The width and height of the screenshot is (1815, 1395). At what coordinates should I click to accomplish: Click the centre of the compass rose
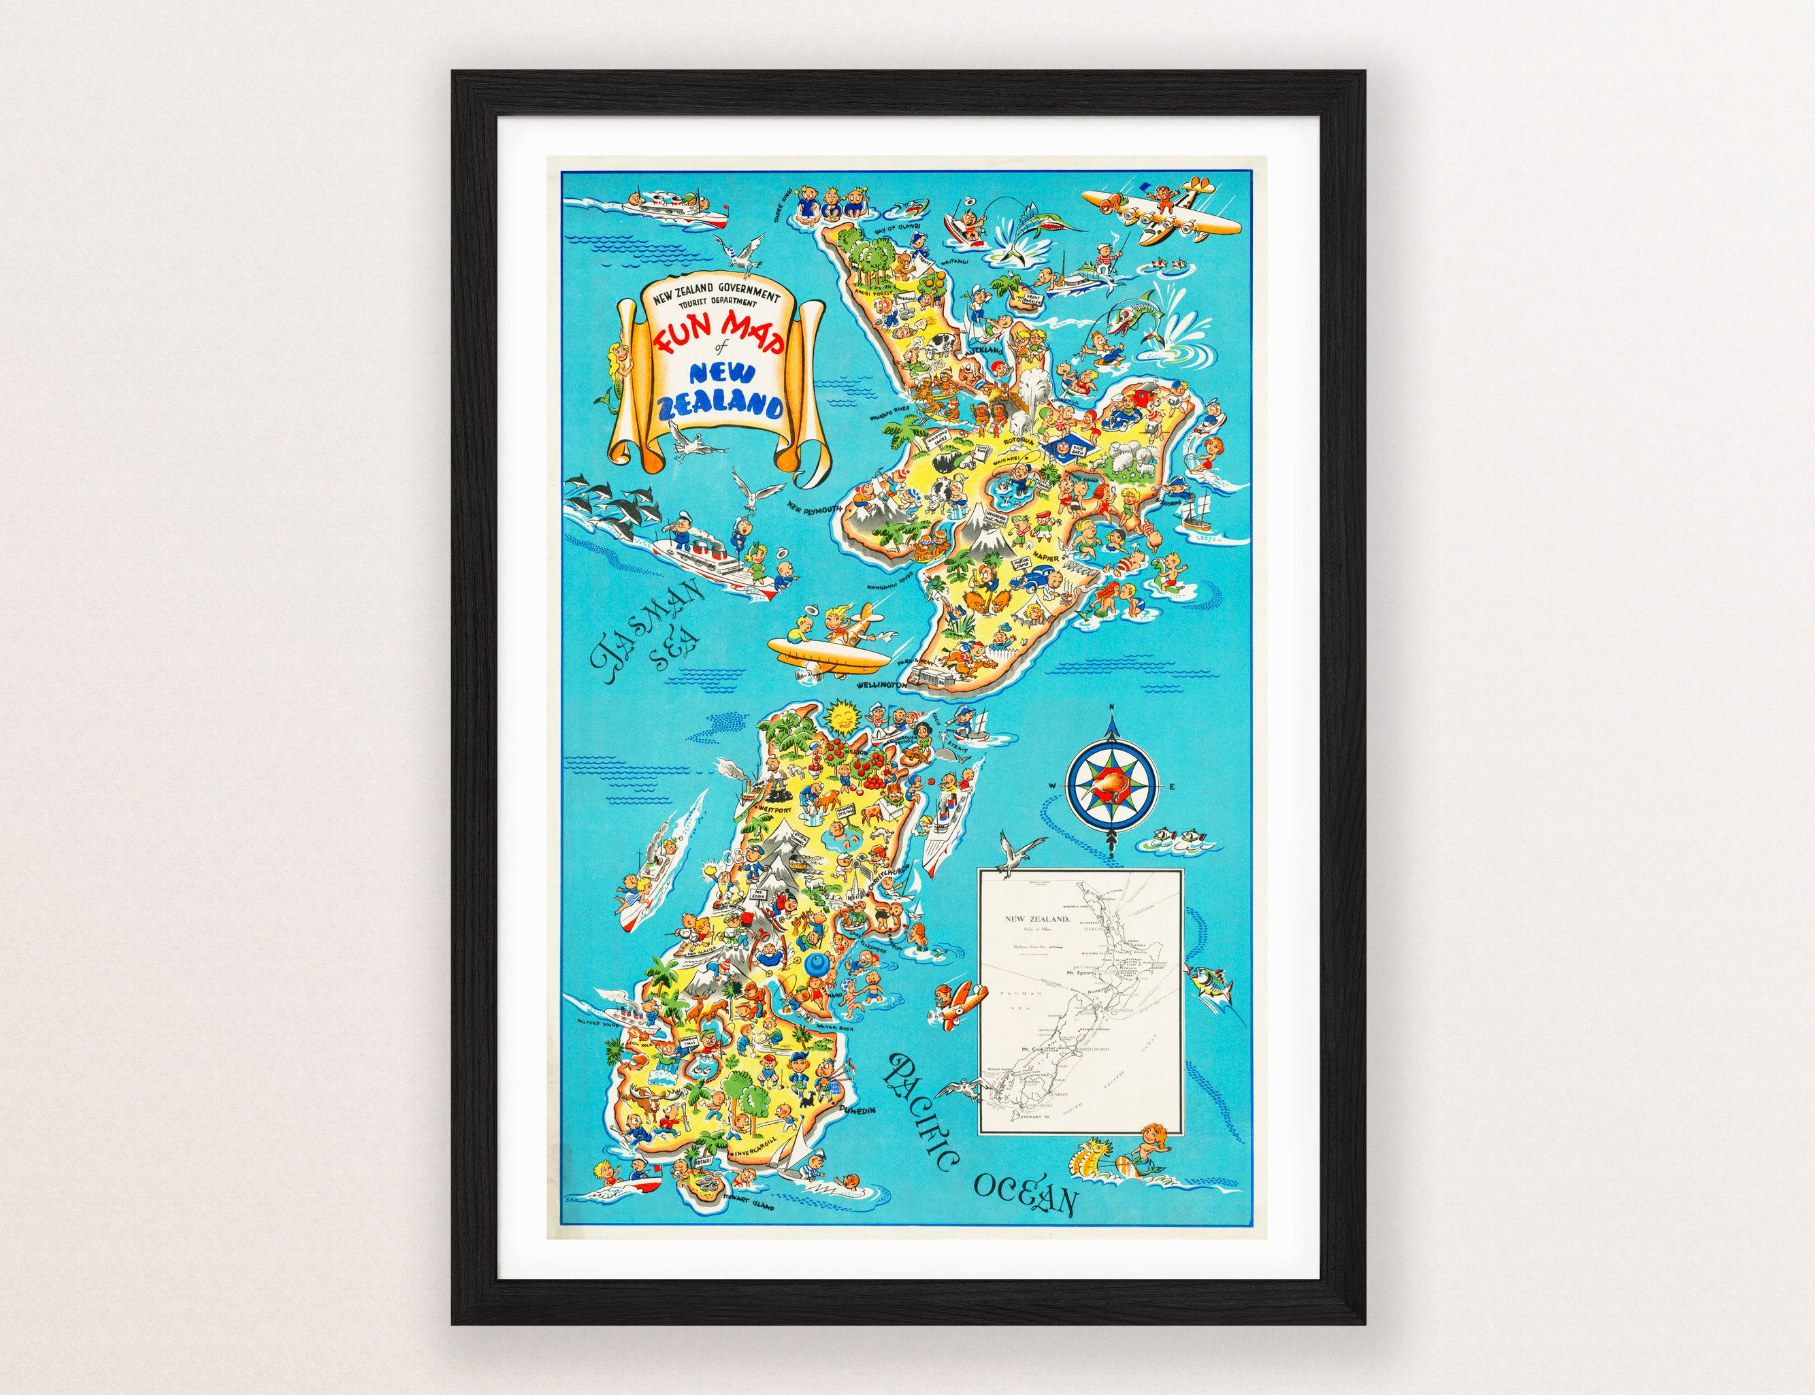(x=1109, y=787)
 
